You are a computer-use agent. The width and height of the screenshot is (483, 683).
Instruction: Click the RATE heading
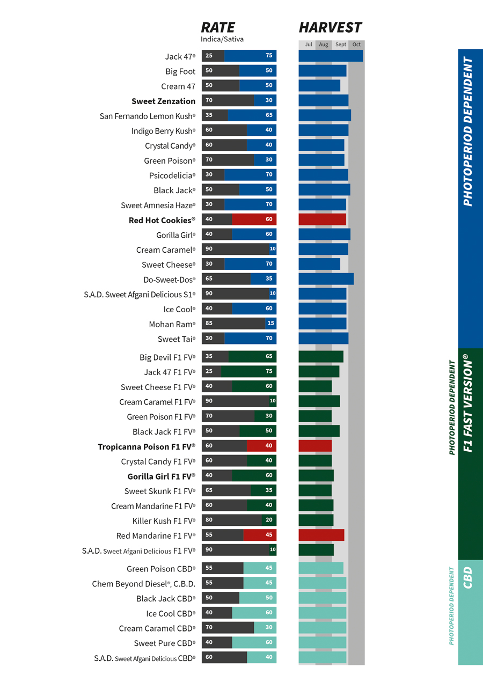pyautogui.click(x=218, y=27)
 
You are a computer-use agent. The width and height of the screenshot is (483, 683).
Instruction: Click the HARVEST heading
pyautogui.click(x=330, y=27)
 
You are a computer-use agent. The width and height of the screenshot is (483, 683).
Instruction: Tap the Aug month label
pyautogui.click(x=324, y=45)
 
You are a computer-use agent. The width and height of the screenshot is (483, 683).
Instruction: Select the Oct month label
pyautogui.click(x=356, y=45)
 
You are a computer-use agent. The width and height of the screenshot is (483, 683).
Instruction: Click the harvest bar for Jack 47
pyautogui.click(x=331, y=56)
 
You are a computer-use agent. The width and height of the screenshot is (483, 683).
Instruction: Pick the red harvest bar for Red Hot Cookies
pyautogui.click(x=322, y=219)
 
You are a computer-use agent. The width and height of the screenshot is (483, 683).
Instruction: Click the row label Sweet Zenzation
pyautogui.click(x=163, y=101)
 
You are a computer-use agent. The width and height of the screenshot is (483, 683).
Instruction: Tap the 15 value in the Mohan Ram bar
pyautogui.click(x=270, y=324)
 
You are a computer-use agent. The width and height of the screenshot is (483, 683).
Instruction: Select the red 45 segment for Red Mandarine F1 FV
pyautogui.click(x=260, y=535)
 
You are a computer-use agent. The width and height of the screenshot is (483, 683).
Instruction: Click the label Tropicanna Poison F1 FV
pyautogui.click(x=147, y=446)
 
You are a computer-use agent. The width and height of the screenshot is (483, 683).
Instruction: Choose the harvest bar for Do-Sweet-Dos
pyautogui.click(x=326, y=279)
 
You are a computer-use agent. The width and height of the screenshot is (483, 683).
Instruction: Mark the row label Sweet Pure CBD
pyautogui.click(x=165, y=643)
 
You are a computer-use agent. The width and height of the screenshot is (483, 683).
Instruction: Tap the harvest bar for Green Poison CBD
pyautogui.click(x=321, y=568)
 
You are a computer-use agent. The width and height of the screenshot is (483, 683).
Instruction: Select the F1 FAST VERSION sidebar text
pyautogui.click(x=468, y=402)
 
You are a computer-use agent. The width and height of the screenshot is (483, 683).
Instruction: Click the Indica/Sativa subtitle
pyautogui.click(x=222, y=39)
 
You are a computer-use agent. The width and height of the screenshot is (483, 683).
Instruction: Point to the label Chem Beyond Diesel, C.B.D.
pyautogui.click(x=143, y=584)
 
